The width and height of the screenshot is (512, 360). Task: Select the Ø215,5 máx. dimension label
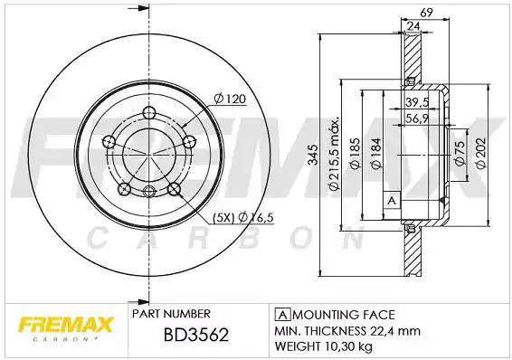(x=334, y=154)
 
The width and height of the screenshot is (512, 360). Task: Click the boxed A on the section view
(x=391, y=199)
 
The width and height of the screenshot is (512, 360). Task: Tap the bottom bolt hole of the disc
(x=149, y=190)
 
